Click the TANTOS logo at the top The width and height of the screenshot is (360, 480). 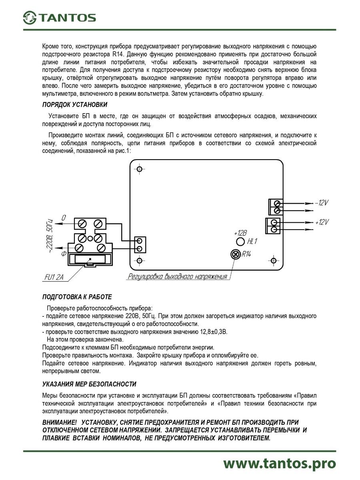[x=59, y=18]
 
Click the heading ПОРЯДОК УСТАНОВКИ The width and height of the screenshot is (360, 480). [x=75, y=105]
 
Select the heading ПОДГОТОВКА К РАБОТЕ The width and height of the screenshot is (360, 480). [x=77, y=297]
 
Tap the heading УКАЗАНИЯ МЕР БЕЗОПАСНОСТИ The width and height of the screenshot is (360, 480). [x=89, y=384]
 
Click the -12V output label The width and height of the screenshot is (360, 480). [x=321, y=203]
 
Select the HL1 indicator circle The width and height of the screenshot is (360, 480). [x=240, y=242]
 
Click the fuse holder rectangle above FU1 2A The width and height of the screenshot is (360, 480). [x=90, y=259]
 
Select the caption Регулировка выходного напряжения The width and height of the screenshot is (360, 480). [x=177, y=276]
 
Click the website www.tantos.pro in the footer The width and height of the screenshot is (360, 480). [x=279, y=463]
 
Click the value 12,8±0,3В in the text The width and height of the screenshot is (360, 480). [x=210, y=332]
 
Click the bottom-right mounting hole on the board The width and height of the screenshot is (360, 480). [x=274, y=260]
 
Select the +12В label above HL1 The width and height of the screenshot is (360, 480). [x=240, y=233]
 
